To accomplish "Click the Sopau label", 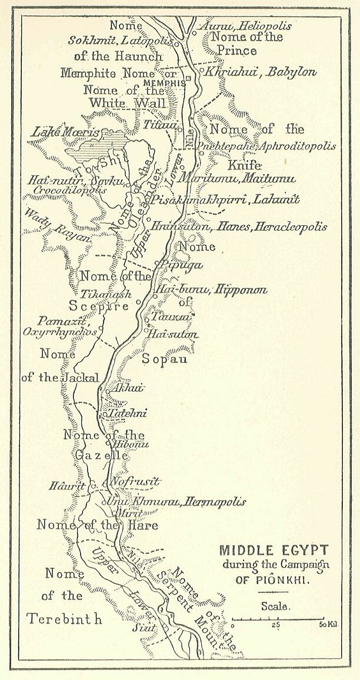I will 164,358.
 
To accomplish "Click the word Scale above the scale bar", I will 275,606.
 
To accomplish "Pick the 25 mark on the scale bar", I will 275,624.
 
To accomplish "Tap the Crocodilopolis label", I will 70,190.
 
